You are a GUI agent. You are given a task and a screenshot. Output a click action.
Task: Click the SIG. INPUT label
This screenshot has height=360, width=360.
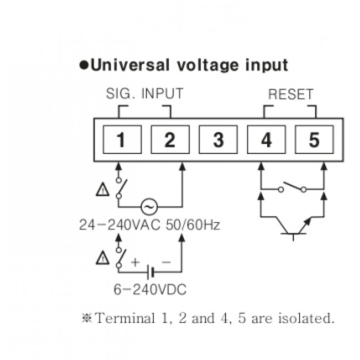click(x=144, y=94)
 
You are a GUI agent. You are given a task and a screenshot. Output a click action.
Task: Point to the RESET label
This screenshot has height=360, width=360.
click(x=291, y=94)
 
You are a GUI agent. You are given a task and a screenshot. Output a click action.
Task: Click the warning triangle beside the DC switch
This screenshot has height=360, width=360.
click(x=103, y=258)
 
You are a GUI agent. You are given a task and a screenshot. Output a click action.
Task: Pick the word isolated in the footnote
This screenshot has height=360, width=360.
click(x=306, y=318)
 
